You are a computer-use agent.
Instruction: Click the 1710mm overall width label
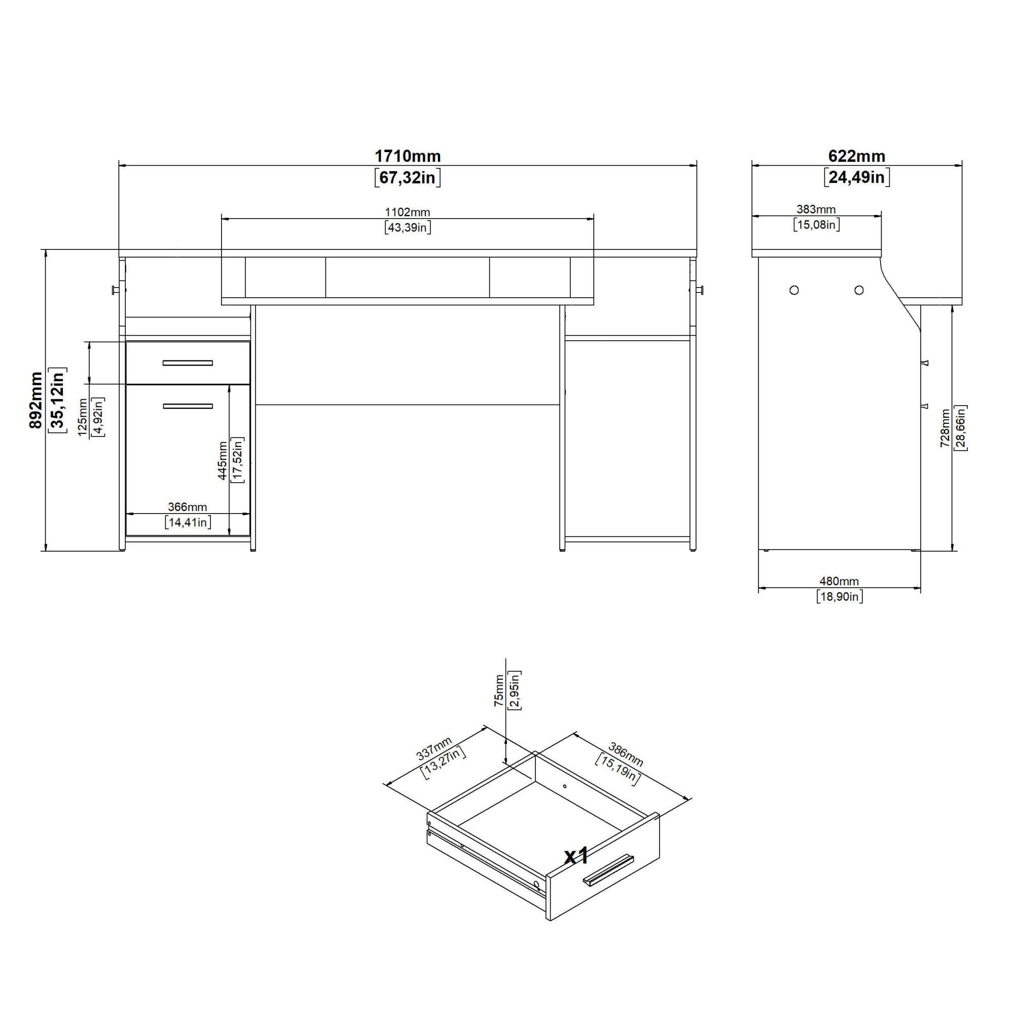tap(407, 156)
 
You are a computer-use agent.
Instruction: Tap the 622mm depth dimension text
tap(856, 156)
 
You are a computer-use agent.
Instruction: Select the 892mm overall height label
tap(35, 400)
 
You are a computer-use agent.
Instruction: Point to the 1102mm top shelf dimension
tap(407, 212)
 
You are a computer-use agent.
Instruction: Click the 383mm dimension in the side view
tap(816, 209)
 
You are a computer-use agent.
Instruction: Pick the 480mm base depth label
tap(839, 581)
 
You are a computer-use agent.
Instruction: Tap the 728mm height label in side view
tap(945, 428)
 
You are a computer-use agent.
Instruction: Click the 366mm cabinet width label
tap(188, 507)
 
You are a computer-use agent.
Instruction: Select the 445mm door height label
tap(223, 461)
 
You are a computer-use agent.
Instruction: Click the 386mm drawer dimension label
tap(625, 754)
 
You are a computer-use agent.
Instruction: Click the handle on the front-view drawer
tap(188, 363)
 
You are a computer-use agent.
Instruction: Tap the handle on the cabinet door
tap(188, 406)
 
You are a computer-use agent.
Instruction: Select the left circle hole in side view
tap(794, 289)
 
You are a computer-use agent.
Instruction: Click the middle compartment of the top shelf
tap(407, 277)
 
